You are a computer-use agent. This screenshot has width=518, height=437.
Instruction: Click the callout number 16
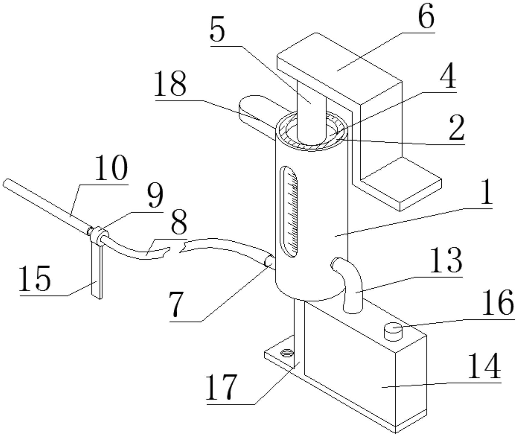click(498, 303)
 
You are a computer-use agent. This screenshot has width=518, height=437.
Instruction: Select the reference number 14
click(485, 366)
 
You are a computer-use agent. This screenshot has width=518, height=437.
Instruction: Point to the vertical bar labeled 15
click(96, 272)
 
